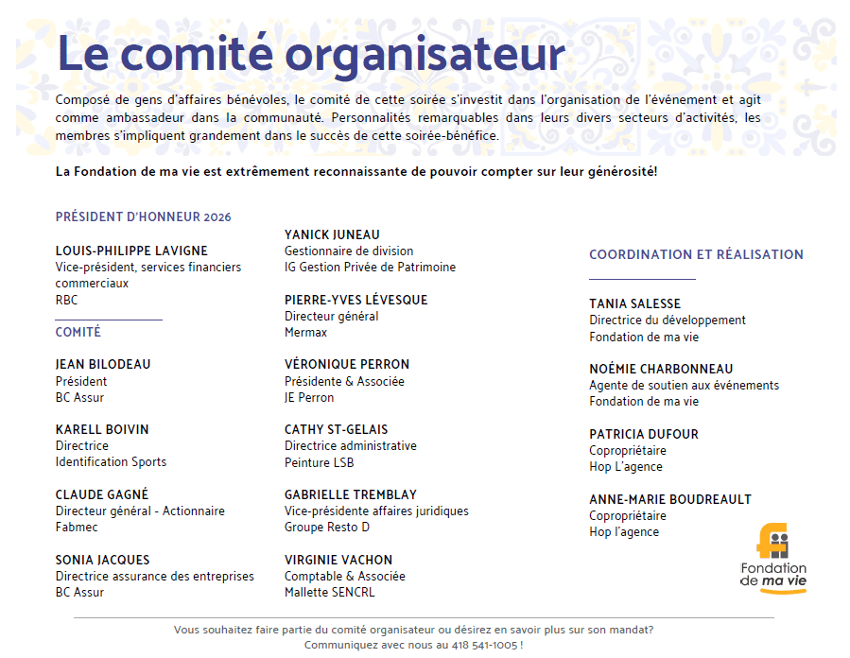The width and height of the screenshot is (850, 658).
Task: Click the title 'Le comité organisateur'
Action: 310,54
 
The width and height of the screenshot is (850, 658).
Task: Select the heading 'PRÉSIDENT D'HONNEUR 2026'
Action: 143,216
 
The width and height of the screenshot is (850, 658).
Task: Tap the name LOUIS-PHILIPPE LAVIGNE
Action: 131,251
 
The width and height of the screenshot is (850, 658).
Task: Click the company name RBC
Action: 67,300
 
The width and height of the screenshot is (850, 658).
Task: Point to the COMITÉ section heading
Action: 78,332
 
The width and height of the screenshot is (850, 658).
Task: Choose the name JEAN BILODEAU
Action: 103,364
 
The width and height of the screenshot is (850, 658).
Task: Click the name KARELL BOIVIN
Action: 102,429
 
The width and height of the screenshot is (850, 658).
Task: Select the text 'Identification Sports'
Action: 111,461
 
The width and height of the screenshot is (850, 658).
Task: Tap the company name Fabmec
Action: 77,527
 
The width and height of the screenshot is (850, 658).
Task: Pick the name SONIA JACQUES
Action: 102,560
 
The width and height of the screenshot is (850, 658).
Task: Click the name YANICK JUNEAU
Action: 332,234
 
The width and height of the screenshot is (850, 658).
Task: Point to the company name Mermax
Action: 305,332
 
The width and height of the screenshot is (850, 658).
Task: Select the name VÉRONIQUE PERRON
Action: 347,364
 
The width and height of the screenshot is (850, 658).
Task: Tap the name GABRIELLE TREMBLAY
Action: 351,494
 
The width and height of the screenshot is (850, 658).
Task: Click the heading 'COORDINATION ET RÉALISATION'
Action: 696,254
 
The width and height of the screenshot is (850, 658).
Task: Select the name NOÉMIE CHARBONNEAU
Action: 661,369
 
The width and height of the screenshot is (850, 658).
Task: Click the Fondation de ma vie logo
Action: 773,557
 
